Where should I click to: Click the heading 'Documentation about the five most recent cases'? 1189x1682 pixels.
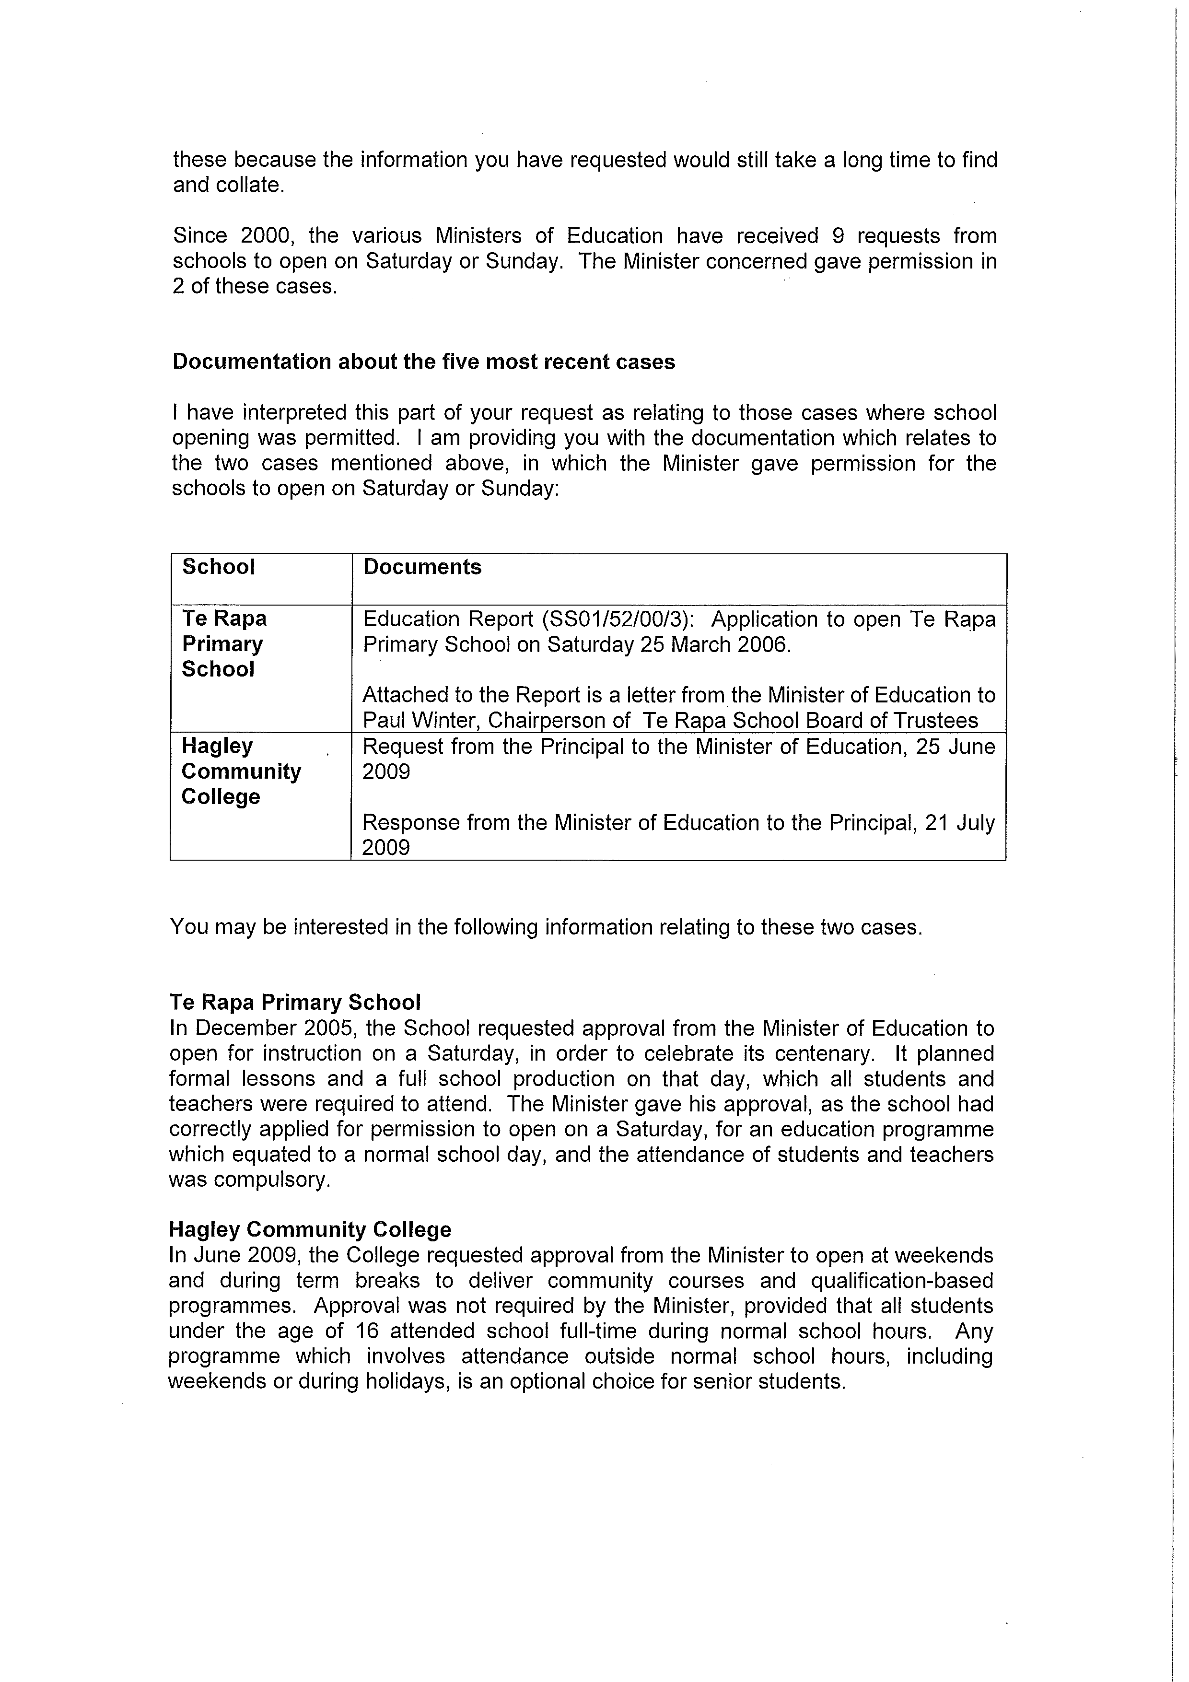(x=423, y=362)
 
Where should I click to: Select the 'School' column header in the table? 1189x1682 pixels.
(x=218, y=567)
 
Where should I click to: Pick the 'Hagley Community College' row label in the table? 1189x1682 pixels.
(x=241, y=771)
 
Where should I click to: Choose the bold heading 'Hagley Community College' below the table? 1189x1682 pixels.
(x=310, y=1229)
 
